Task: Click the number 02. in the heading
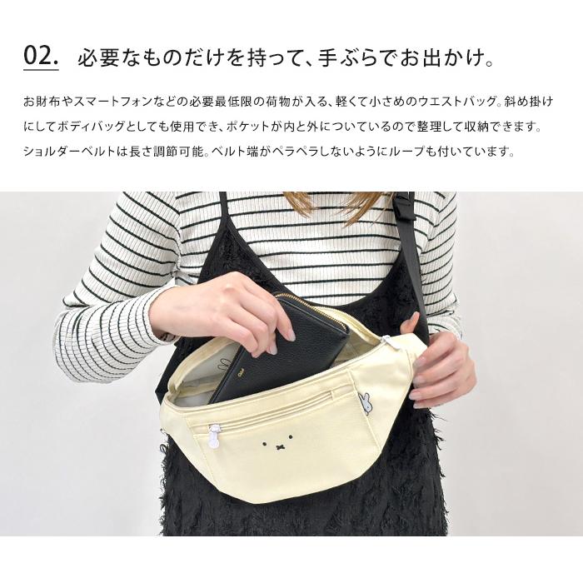pos(41,56)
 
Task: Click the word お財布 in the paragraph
pos(42,102)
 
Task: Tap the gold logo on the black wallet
pos(240,371)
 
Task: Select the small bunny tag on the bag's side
pos(366,402)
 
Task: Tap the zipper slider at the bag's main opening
pos(387,341)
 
